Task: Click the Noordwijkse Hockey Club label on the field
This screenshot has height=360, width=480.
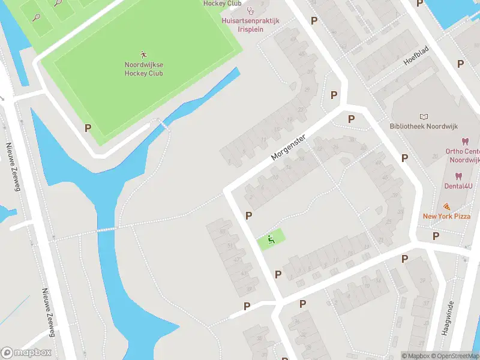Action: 143,69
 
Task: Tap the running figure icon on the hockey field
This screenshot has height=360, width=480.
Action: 143,54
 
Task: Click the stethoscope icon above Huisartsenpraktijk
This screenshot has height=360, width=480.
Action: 250,10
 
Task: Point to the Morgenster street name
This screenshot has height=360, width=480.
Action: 289,147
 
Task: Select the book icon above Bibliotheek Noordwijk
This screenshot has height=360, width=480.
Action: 424,116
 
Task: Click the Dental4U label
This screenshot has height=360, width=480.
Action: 458,187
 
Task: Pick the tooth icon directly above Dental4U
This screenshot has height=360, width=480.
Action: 458,176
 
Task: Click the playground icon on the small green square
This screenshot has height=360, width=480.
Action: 271,240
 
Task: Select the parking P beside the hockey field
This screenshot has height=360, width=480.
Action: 88,128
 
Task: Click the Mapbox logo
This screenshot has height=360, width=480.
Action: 26,353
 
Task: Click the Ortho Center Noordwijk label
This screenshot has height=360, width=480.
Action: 463,156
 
